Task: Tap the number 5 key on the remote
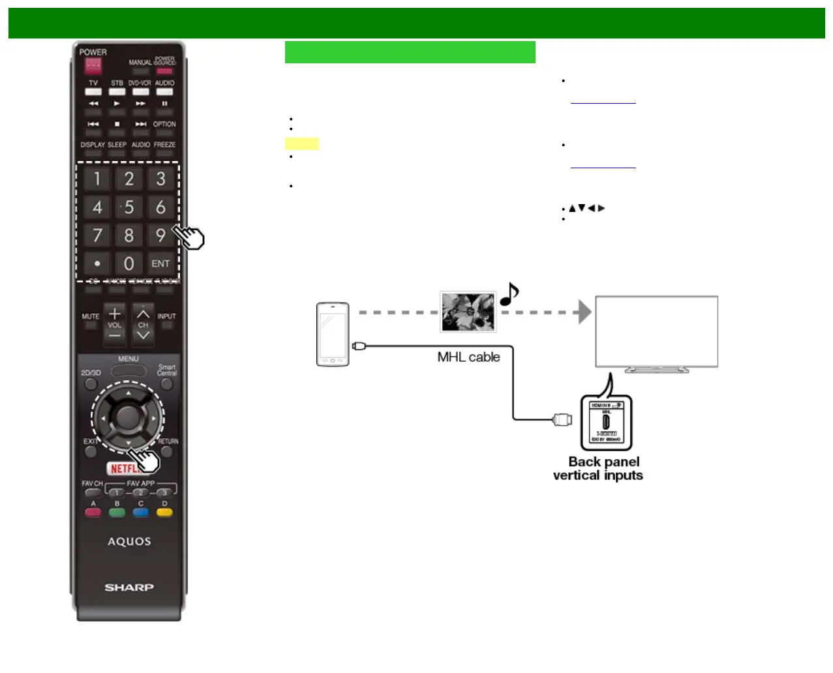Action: click(x=129, y=207)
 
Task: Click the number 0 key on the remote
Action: click(x=129, y=263)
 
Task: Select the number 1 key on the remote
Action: click(x=97, y=179)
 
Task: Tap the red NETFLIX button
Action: click(x=122, y=468)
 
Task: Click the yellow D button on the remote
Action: click(x=164, y=513)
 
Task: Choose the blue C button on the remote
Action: click(x=141, y=513)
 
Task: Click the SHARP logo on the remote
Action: click(x=129, y=588)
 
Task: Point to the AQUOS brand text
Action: click(x=129, y=541)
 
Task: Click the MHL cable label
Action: click(x=468, y=357)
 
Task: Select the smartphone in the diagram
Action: click(x=333, y=334)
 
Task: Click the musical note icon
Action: click(x=509, y=295)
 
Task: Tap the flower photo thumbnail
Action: click(x=468, y=312)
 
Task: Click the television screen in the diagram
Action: click(x=656, y=331)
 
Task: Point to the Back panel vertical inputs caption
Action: click(x=598, y=469)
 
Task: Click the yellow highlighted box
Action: click(x=301, y=144)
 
